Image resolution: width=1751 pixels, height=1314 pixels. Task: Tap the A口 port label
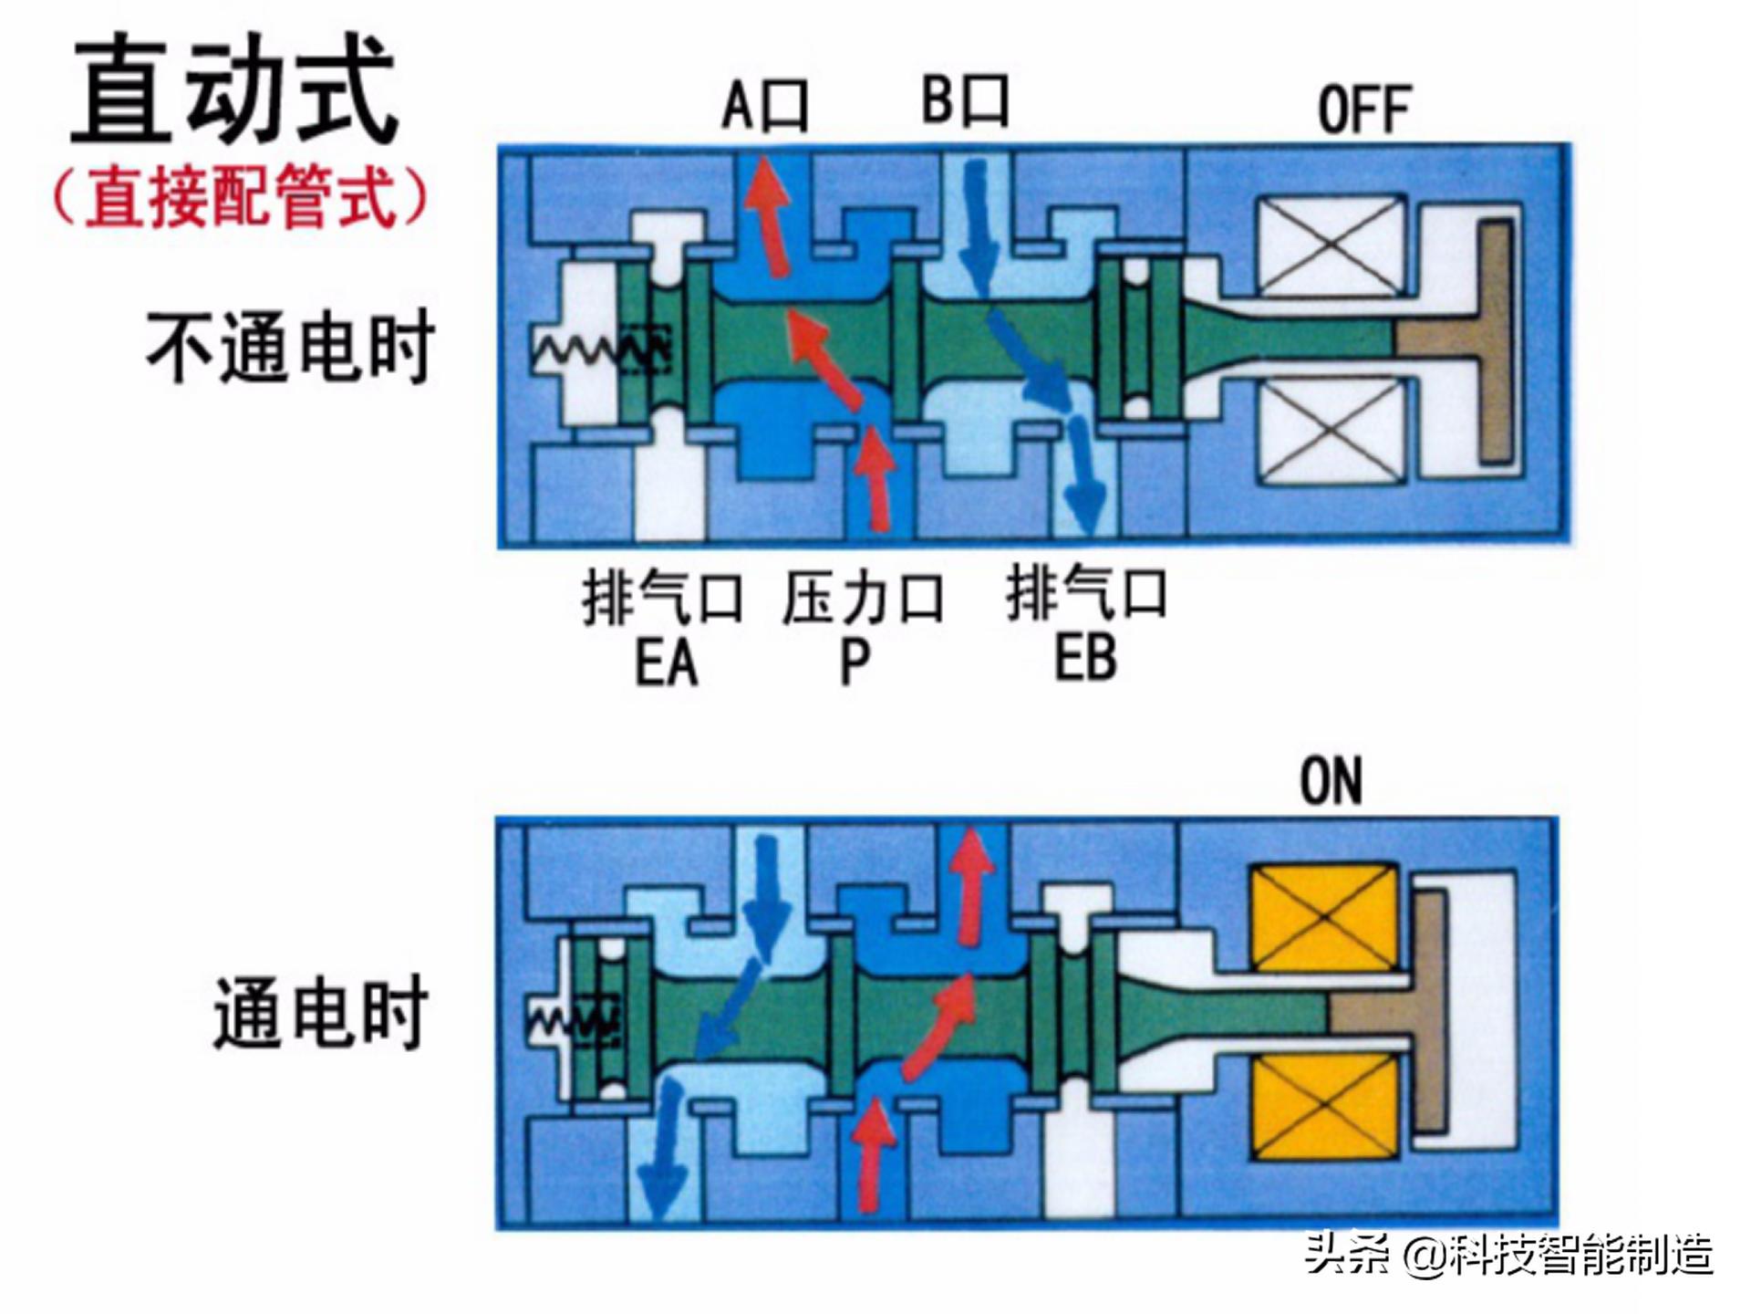764,105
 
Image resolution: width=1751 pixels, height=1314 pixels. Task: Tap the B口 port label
965,100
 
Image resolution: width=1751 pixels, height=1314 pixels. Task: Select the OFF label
1364,110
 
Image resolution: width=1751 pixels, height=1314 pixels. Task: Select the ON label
1331,781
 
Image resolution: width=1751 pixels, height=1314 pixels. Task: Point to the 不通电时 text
290,348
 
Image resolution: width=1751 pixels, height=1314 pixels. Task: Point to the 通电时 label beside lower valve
320,1013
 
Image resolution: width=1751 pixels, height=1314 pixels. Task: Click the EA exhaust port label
666,662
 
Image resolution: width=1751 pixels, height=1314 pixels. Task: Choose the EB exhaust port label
1085,659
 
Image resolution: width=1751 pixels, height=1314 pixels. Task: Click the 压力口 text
863,599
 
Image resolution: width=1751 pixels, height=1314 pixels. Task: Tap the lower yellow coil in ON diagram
1324,1105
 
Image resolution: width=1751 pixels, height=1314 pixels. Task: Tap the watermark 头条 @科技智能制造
1508,1255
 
